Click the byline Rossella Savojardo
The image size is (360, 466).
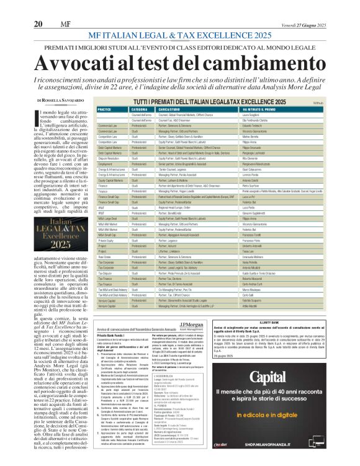pos(62,100)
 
